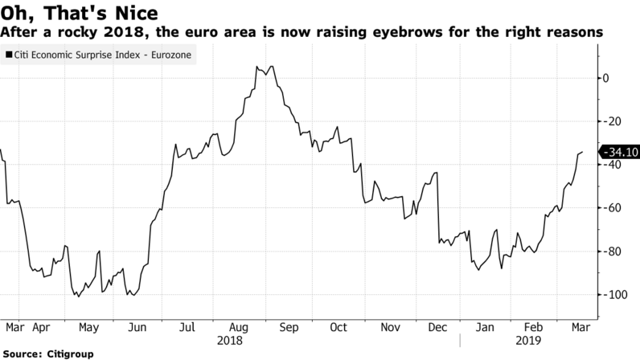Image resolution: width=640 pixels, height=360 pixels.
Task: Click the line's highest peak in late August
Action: tap(273, 66)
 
